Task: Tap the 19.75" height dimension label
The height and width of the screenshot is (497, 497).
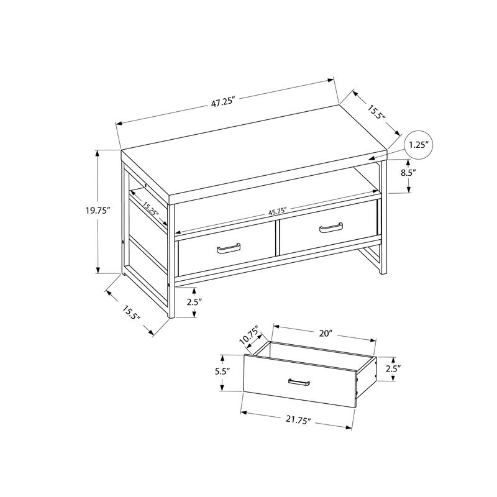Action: point(98,211)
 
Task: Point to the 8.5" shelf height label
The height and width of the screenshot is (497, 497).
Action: point(408,173)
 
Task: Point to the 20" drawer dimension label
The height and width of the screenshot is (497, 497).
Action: point(324,333)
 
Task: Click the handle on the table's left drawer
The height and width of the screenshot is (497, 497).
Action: point(228,250)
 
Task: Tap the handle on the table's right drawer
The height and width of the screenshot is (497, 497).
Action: point(331,228)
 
